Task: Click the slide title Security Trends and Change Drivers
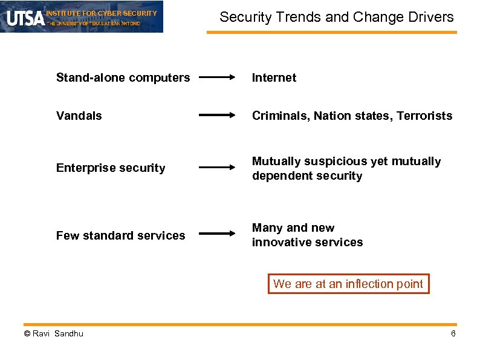click(336, 17)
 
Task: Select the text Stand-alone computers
click(123, 77)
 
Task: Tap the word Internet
click(274, 77)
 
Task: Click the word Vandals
click(79, 116)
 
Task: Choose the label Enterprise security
click(111, 168)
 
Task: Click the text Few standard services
click(120, 235)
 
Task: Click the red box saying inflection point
click(348, 284)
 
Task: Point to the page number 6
click(453, 335)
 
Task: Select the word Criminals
click(280, 116)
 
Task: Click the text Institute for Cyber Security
click(102, 13)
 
